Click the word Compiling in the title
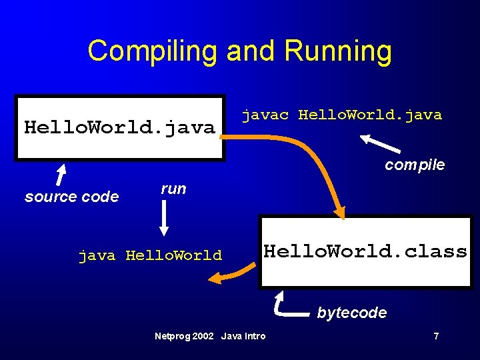pyautogui.click(x=153, y=51)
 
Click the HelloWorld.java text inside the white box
pyautogui.click(x=119, y=127)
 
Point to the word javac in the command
pyautogui.click(x=266, y=115)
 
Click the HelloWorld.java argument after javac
pyautogui.click(x=370, y=115)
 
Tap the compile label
pyautogui.click(x=415, y=165)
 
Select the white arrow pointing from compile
pyautogui.click(x=381, y=144)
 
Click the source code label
pyautogui.click(x=71, y=197)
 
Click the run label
pyautogui.click(x=173, y=189)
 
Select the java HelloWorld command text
pyautogui.click(x=150, y=255)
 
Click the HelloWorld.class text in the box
pyautogui.click(x=365, y=251)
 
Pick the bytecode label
pyautogui.click(x=351, y=313)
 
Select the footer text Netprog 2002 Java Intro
pyautogui.click(x=210, y=336)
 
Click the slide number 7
pyautogui.click(x=436, y=336)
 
